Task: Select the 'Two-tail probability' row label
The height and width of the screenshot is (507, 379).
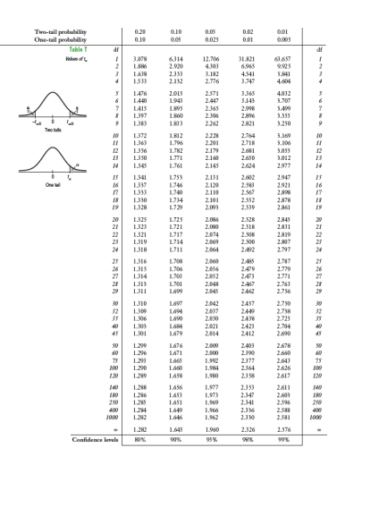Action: click(x=58, y=31)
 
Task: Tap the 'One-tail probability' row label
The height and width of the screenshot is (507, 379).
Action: click(x=58, y=39)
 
